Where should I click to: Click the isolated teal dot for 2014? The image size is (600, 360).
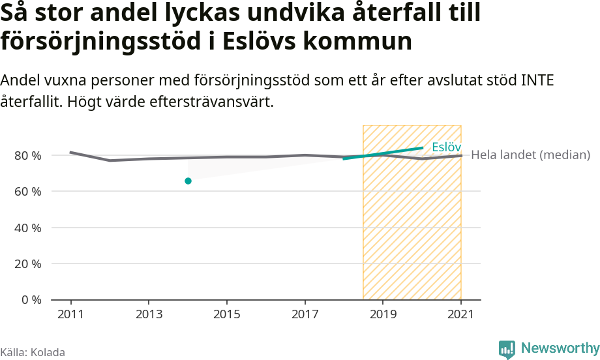pyautogui.click(x=188, y=181)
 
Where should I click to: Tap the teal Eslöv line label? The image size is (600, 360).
pyautogui.click(x=446, y=147)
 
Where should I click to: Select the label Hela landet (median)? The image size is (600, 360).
pyautogui.click(x=530, y=155)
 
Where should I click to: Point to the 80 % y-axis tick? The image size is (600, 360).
pyautogui.click(x=27, y=155)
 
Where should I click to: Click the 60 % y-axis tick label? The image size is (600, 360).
pyautogui.click(x=27, y=192)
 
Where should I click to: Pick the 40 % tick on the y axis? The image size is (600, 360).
pyautogui.click(x=27, y=228)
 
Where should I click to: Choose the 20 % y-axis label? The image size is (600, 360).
pyautogui.click(x=27, y=264)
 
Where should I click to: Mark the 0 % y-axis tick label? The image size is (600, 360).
pyautogui.click(x=31, y=300)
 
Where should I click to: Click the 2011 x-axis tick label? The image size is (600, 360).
pyautogui.click(x=70, y=313)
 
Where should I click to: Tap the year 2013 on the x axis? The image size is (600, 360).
pyautogui.click(x=149, y=313)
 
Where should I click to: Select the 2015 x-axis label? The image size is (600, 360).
pyautogui.click(x=226, y=313)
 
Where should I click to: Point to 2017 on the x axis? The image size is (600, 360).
pyautogui.click(x=305, y=313)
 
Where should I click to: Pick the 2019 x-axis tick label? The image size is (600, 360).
pyautogui.click(x=383, y=313)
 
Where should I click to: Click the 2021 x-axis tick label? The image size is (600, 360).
pyautogui.click(x=460, y=313)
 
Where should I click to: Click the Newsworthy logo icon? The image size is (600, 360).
pyautogui.click(x=507, y=349)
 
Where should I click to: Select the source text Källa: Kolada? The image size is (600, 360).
pyautogui.click(x=33, y=353)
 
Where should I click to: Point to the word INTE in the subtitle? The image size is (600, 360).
pyautogui.click(x=537, y=81)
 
